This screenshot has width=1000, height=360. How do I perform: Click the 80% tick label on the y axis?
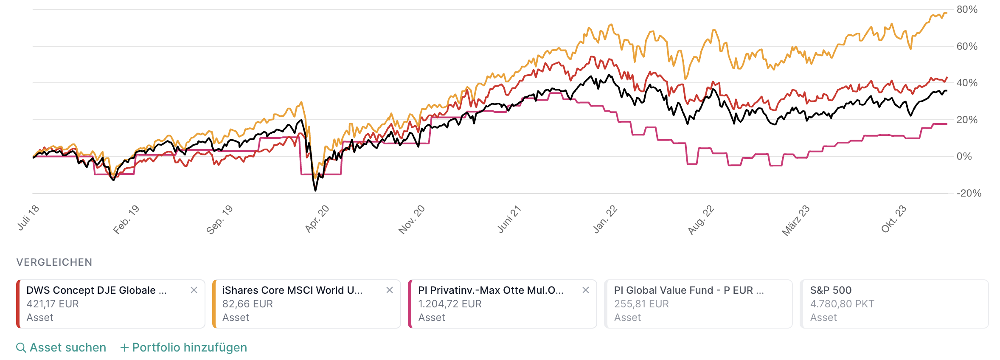[966, 9]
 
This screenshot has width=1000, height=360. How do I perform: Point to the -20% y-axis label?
[968, 194]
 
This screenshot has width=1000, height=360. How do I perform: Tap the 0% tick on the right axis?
[964, 157]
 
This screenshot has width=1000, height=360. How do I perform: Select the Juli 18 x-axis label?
[28, 217]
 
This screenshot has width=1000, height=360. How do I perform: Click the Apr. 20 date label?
[317, 219]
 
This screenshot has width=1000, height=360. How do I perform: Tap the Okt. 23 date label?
[893, 219]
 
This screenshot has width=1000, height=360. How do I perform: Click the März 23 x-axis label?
[795, 220]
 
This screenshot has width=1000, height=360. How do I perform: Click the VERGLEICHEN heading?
[54, 262]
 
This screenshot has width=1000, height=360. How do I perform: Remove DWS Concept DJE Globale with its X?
[194, 290]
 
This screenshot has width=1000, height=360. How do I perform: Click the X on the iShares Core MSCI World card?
[390, 290]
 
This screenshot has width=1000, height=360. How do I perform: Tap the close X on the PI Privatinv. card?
[586, 290]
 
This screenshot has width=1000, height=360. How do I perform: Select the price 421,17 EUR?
[53, 304]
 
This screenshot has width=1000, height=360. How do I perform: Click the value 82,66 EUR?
[247, 304]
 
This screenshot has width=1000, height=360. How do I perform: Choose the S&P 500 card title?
[831, 290]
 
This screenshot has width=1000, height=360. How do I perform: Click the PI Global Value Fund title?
[688, 290]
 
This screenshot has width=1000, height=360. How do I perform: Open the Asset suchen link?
[68, 348]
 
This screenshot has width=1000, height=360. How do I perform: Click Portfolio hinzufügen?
[189, 348]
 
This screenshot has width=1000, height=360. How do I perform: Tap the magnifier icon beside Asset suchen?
[21, 348]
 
